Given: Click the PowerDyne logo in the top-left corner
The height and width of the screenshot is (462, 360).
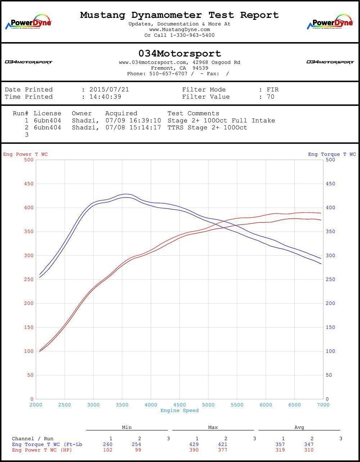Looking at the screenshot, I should coord(28,22).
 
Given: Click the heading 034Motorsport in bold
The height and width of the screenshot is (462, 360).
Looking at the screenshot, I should coord(180,54).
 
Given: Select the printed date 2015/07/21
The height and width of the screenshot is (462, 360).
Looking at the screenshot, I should coord(109,90).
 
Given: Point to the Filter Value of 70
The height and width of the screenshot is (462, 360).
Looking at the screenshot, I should coord(270,97).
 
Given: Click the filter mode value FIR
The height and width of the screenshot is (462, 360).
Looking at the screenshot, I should coord(273,90).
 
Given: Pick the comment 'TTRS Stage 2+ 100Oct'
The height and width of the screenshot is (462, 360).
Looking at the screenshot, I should coord(207,127).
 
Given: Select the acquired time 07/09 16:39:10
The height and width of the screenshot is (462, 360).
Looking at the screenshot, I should coord(133,121).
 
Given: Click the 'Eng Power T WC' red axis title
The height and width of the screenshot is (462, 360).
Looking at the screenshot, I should coord(25,154).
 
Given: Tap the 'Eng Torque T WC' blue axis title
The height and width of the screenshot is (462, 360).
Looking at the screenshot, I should coord(332,154).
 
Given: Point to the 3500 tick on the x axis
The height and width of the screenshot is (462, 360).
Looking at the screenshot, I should coord(122,405).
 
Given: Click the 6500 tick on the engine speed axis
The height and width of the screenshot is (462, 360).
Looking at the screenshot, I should coord(294,405).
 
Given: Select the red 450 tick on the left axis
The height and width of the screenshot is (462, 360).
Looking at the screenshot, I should coord(29,184).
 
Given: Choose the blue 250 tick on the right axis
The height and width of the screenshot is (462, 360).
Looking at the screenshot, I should coord(330,280).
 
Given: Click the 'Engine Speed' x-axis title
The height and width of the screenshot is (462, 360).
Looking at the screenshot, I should coord(179,411).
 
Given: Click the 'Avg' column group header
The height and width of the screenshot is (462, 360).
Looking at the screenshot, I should coord(299,427).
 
